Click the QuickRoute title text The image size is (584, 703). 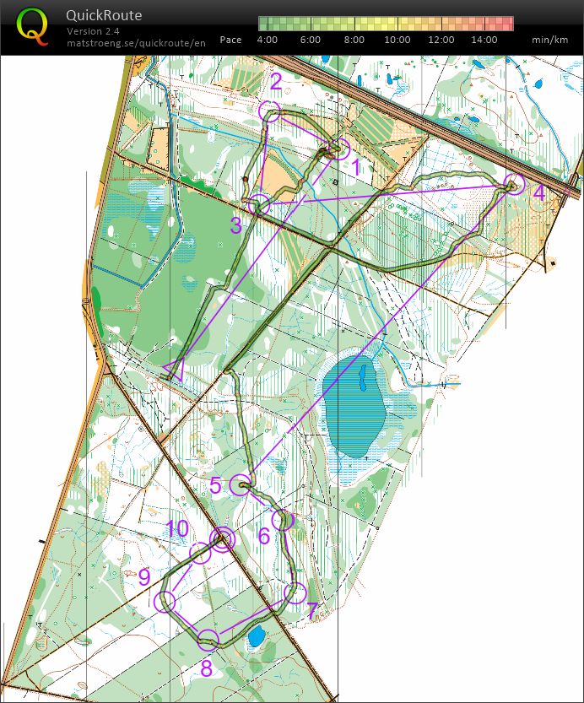click(104, 15)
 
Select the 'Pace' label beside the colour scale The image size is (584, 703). click(230, 40)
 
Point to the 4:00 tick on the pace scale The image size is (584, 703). click(267, 40)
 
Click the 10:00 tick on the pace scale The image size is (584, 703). click(397, 40)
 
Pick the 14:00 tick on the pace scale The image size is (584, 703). click(484, 40)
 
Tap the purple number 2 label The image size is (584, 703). click(276, 82)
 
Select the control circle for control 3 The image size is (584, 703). click(260, 204)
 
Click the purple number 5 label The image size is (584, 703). click(216, 485)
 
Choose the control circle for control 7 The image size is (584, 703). click(295, 593)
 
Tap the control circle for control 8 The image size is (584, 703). click(208, 639)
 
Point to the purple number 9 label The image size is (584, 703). click(144, 577)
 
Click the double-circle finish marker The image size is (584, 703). click(222, 539)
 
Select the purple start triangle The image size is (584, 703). click(177, 369)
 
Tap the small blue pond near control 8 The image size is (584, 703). click(256, 636)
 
